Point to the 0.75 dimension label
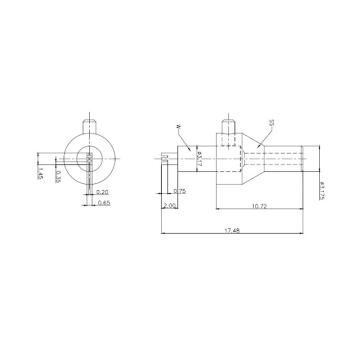[x=180, y=190]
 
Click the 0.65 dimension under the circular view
[x=105, y=203]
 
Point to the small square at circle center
[x=90, y=158]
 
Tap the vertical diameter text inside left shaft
[x=200, y=157]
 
